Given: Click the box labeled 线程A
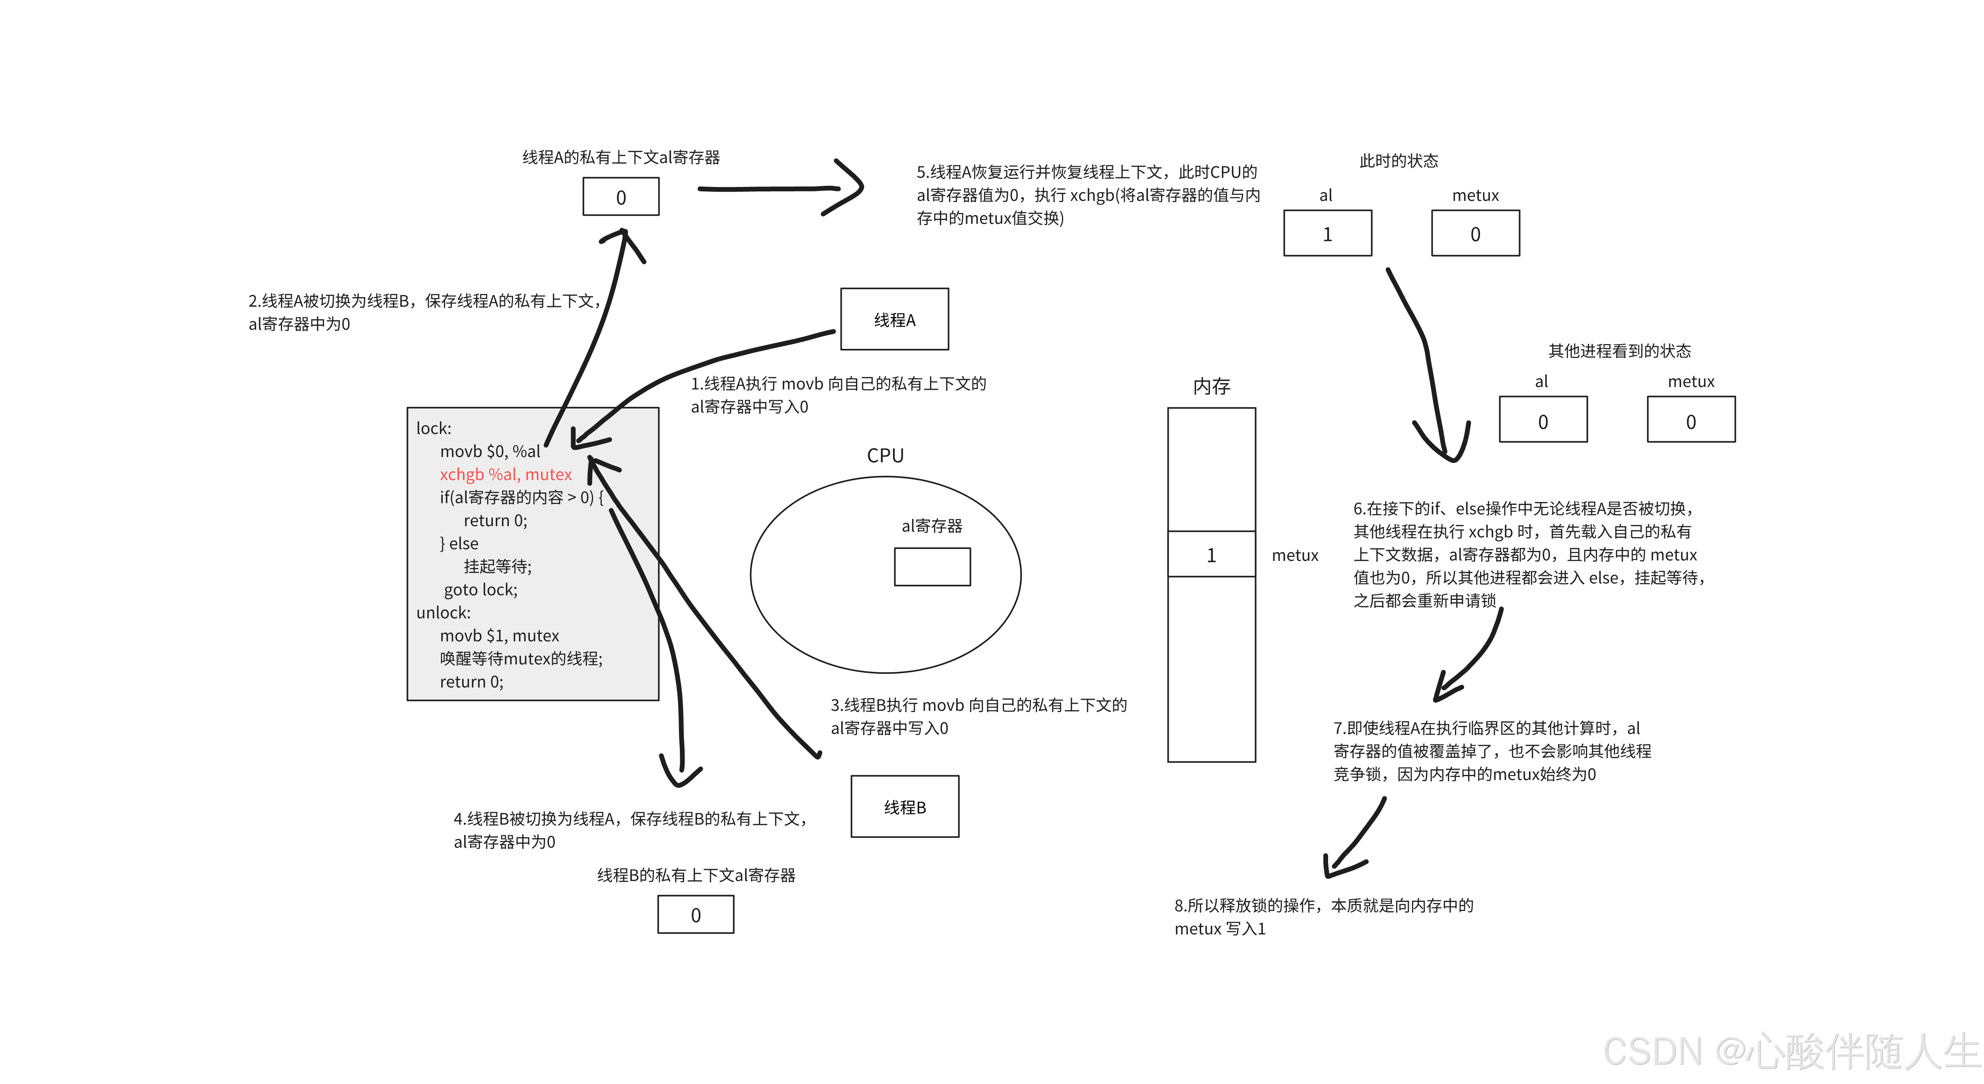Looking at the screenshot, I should click(894, 319).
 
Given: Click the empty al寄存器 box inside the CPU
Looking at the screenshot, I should click(932, 567).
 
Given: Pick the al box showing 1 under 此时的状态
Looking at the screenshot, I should click(1327, 234).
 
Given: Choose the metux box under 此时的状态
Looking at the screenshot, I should click(1475, 234).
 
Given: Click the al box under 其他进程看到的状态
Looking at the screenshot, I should click(1542, 420).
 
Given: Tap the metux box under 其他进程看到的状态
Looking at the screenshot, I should click(1690, 420).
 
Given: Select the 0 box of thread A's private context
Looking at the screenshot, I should click(621, 197).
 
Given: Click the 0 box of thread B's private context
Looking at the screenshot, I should click(696, 915).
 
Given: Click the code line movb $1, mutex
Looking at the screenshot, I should click(499, 636).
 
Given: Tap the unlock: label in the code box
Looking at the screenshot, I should click(443, 613).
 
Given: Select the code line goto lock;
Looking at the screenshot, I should click(480, 590).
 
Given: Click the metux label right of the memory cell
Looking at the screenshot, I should click(1295, 555).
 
